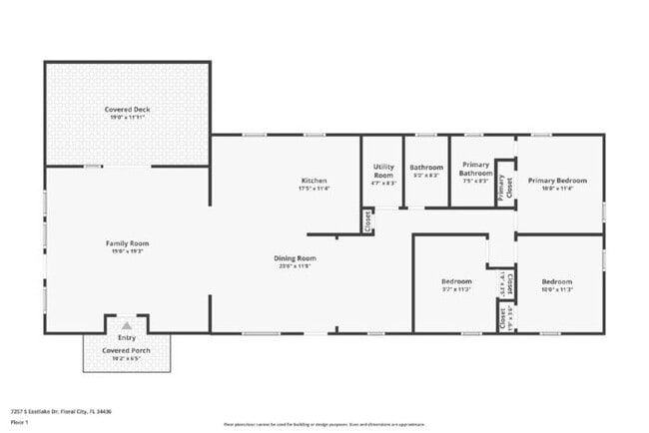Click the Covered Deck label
point(127,109)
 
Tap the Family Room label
point(127,243)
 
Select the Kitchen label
point(315,180)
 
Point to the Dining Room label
point(295,258)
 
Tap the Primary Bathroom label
point(475,170)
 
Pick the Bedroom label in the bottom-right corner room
point(556,281)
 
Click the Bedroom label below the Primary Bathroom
point(456,281)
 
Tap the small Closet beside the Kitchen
point(367,220)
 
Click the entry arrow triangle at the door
point(127,325)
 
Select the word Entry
point(127,338)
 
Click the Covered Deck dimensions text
point(127,117)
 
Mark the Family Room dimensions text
point(127,251)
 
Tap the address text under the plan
point(61,411)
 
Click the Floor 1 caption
point(20,421)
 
